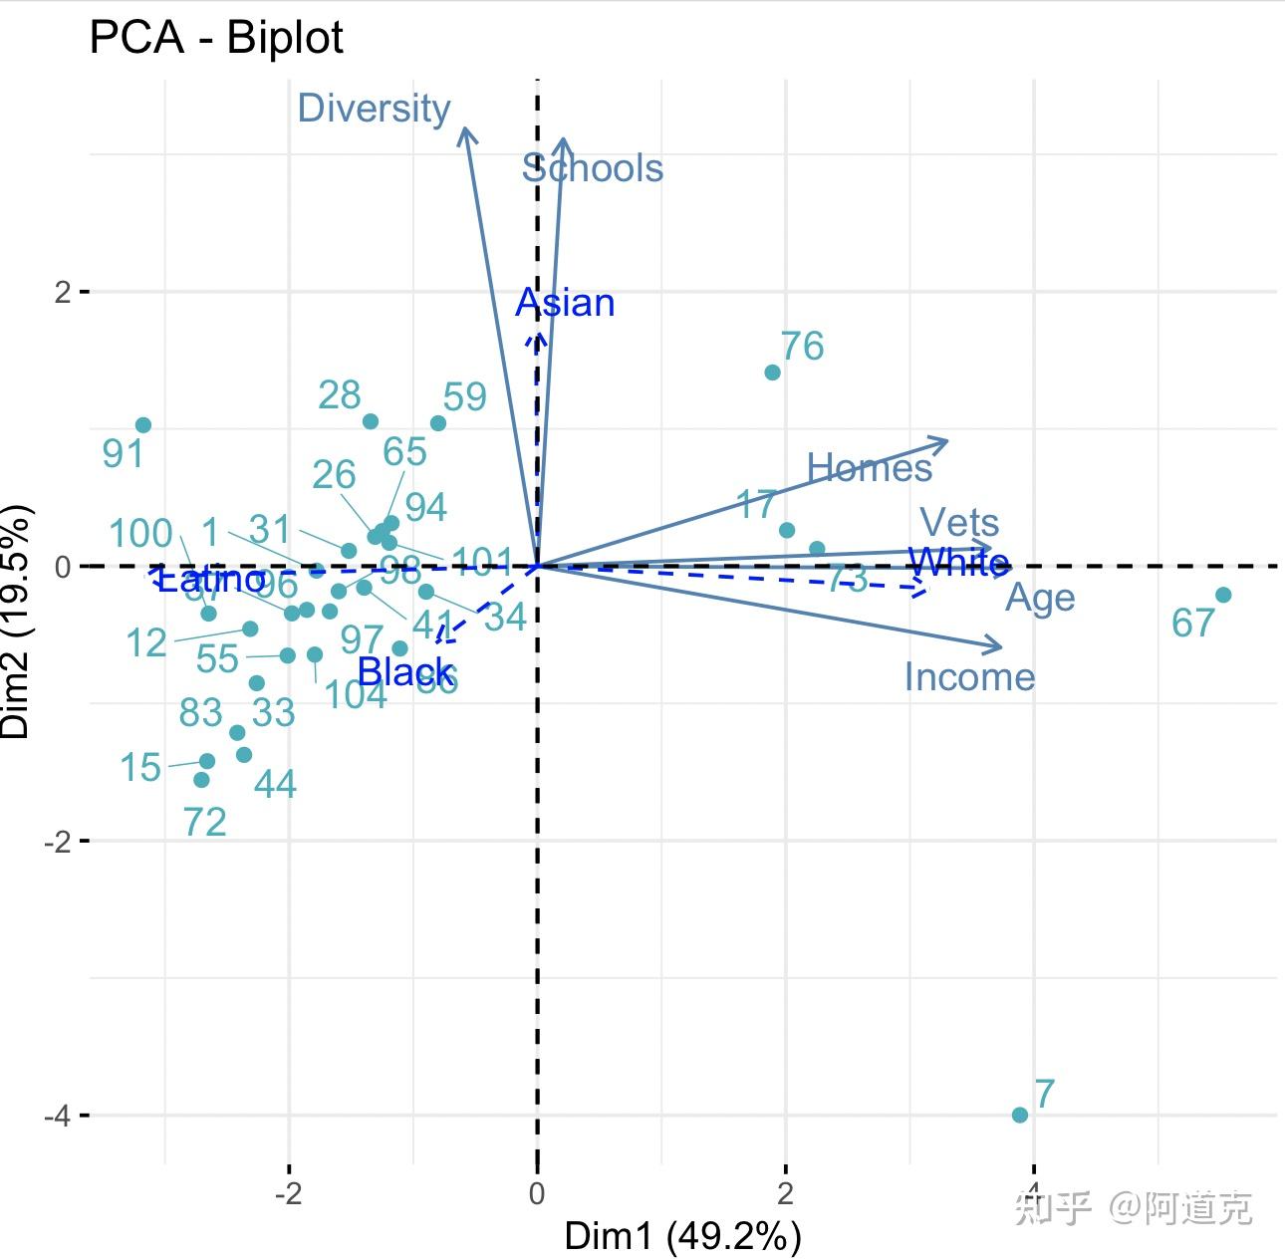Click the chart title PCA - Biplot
[216, 39]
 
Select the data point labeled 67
[1223, 595]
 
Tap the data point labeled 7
[1019, 1115]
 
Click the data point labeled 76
[772, 373]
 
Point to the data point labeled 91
[143, 425]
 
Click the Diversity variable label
[374, 108]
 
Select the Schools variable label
[593, 168]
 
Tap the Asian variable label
[565, 303]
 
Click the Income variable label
[969, 677]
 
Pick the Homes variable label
[869, 467]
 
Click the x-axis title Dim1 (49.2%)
[682, 1236]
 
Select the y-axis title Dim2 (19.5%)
[17, 622]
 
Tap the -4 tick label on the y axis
[59, 1116]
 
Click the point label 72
[205, 822]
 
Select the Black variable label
[405, 672]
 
